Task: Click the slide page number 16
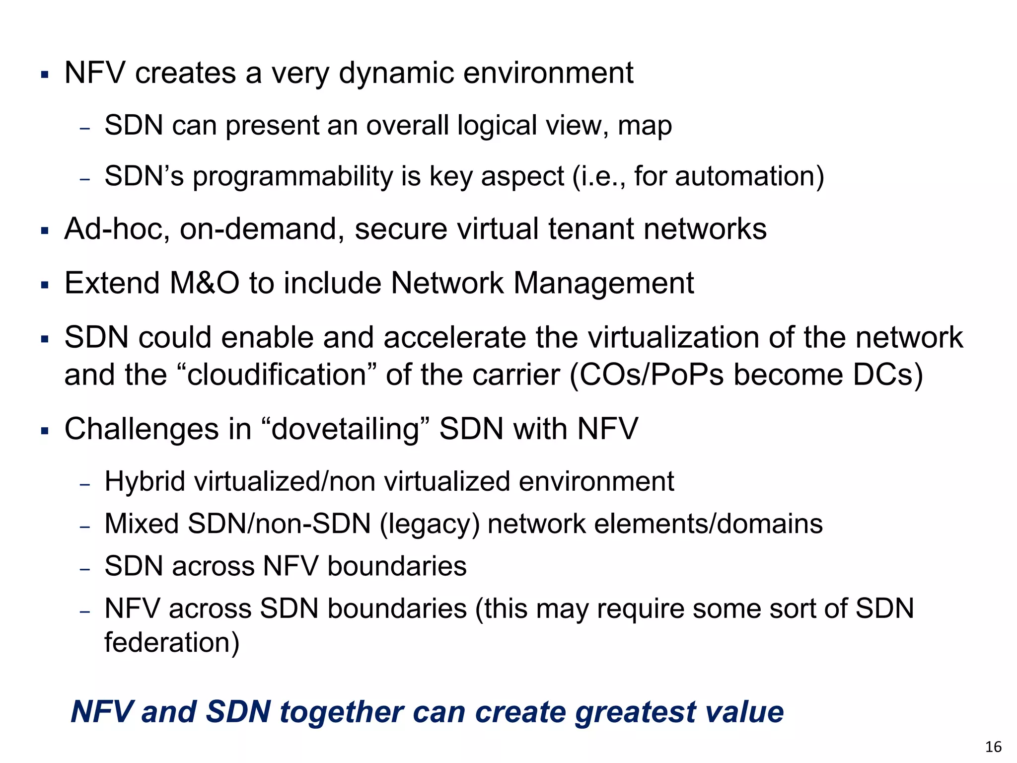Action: (993, 747)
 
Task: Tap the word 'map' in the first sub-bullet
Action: (645, 126)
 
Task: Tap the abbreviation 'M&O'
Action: (205, 283)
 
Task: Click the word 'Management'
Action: (603, 284)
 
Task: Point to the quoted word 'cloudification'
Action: (277, 375)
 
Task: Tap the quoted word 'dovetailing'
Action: (346, 429)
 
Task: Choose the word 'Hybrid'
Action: (145, 482)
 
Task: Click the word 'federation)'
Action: (172, 643)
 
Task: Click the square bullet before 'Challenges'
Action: (45, 430)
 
